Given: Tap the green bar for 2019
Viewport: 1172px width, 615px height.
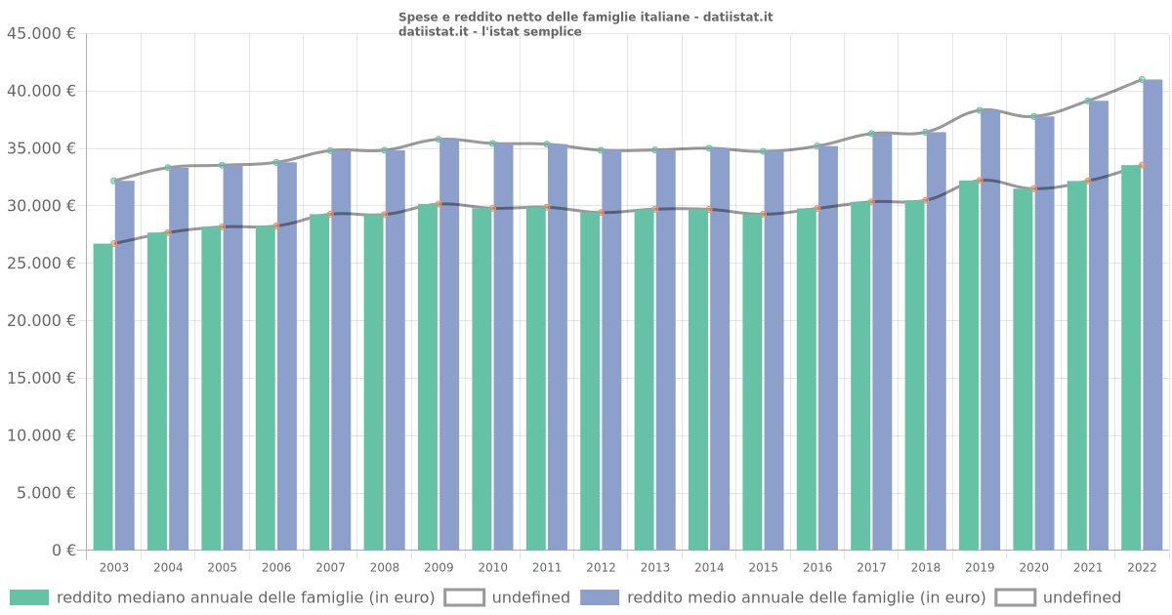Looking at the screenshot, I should coord(969,365).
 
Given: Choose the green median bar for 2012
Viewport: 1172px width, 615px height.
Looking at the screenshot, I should coord(590,381).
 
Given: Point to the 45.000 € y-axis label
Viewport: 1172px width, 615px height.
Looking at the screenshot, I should coord(41,34).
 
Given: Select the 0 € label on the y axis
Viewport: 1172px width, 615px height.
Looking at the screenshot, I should coord(64,551).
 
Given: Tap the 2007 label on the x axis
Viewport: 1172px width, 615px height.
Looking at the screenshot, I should coord(330,567).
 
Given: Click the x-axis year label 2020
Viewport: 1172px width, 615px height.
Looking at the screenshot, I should coord(1033,567).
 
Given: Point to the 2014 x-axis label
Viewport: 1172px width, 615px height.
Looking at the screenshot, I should coord(709,567).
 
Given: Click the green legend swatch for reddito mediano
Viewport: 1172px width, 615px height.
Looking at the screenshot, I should coord(29,597).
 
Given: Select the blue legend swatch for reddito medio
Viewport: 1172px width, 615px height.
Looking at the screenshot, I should coord(600,597).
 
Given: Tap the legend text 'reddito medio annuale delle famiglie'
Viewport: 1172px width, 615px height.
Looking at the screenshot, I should coord(807,597).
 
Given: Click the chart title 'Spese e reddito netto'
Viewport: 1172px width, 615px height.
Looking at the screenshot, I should coord(585,18).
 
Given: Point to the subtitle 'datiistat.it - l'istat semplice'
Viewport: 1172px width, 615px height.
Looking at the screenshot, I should coord(489,32).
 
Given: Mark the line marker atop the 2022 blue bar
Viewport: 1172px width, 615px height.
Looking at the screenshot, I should coord(1142,80).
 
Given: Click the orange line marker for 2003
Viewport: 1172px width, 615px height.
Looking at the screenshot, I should coord(114,243).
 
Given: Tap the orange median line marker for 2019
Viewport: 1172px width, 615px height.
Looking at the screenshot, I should coord(980,181).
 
